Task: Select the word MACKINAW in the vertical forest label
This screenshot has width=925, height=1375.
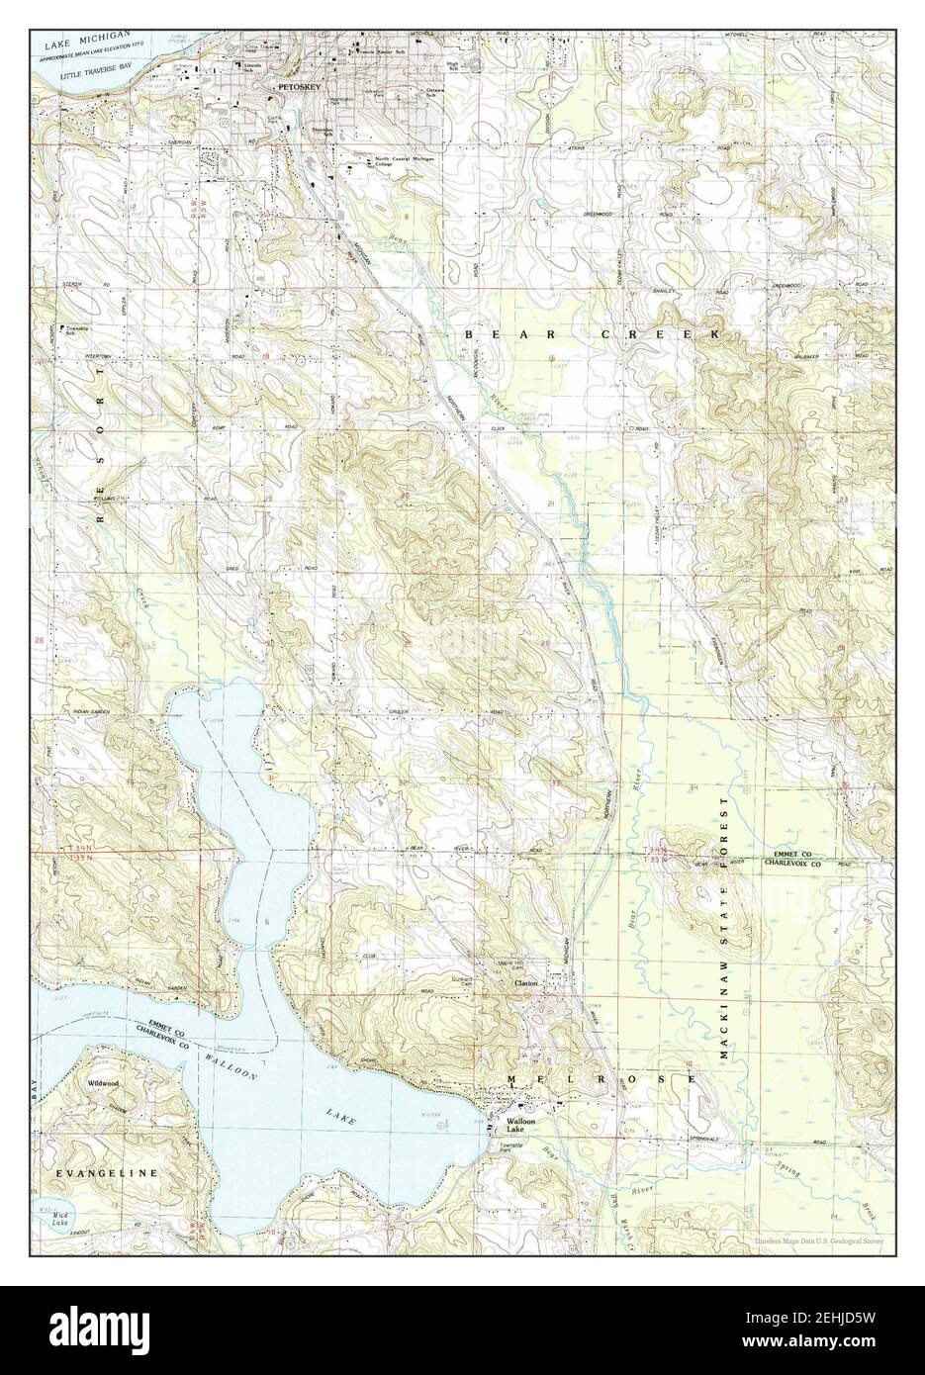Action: coord(725,1026)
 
